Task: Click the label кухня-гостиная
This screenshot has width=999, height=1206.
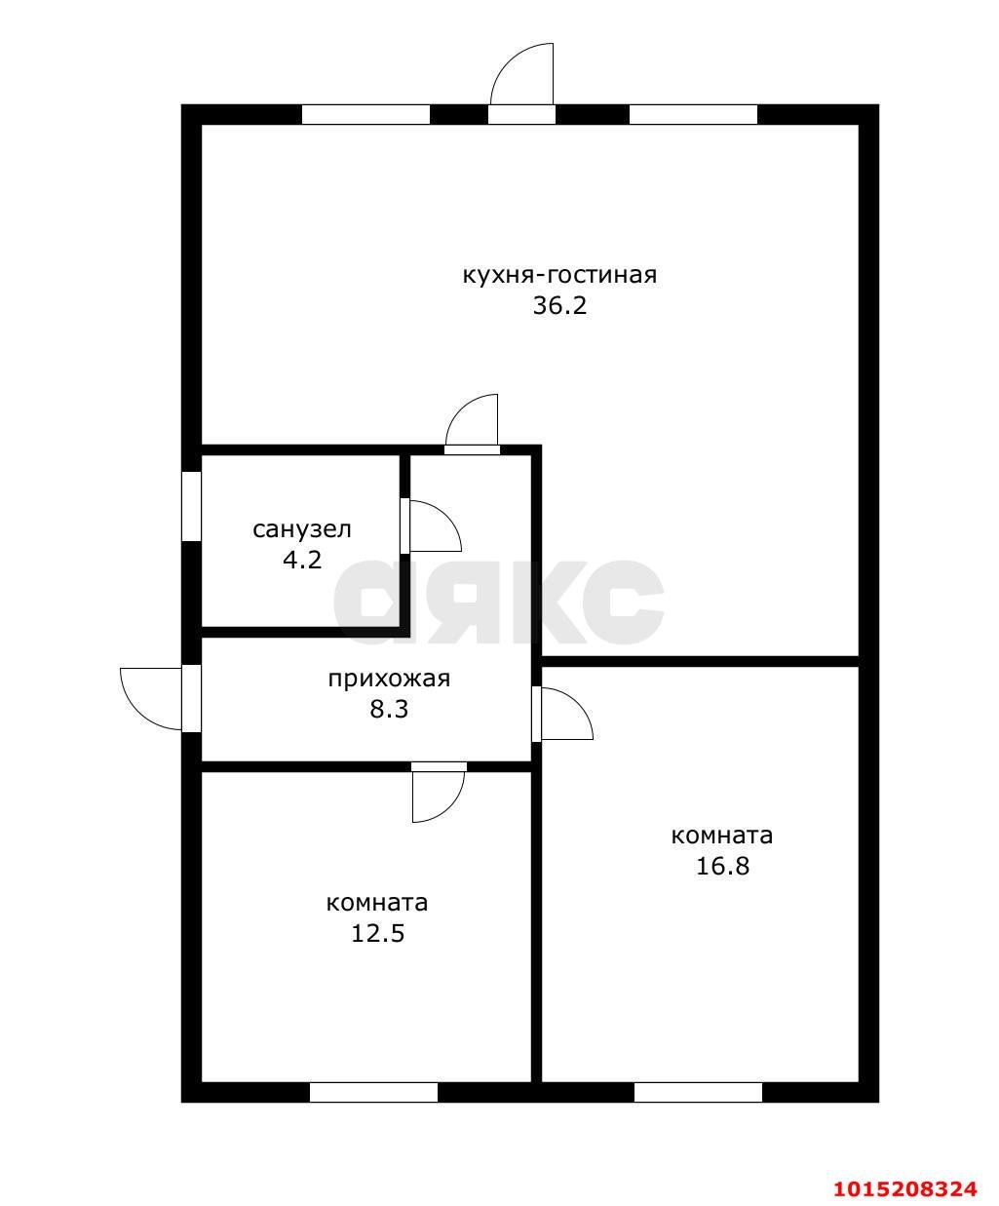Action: [x=559, y=275]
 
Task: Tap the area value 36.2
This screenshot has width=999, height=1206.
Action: [x=559, y=305]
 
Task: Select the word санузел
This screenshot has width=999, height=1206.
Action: [x=302, y=529]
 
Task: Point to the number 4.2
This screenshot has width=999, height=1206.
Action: [x=302, y=560]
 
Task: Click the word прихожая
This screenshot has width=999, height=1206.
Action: [x=389, y=680]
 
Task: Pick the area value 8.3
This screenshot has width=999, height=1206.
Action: [x=389, y=710]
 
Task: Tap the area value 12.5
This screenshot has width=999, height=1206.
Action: [x=378, y=934]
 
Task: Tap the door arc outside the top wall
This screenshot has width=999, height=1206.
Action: [x=508, y=60]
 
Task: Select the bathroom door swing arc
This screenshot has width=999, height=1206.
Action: [x=445, y=514]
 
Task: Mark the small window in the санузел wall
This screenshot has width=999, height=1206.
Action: [x=191, y=507]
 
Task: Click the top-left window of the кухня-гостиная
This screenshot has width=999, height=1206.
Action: [x=366, y=114]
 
